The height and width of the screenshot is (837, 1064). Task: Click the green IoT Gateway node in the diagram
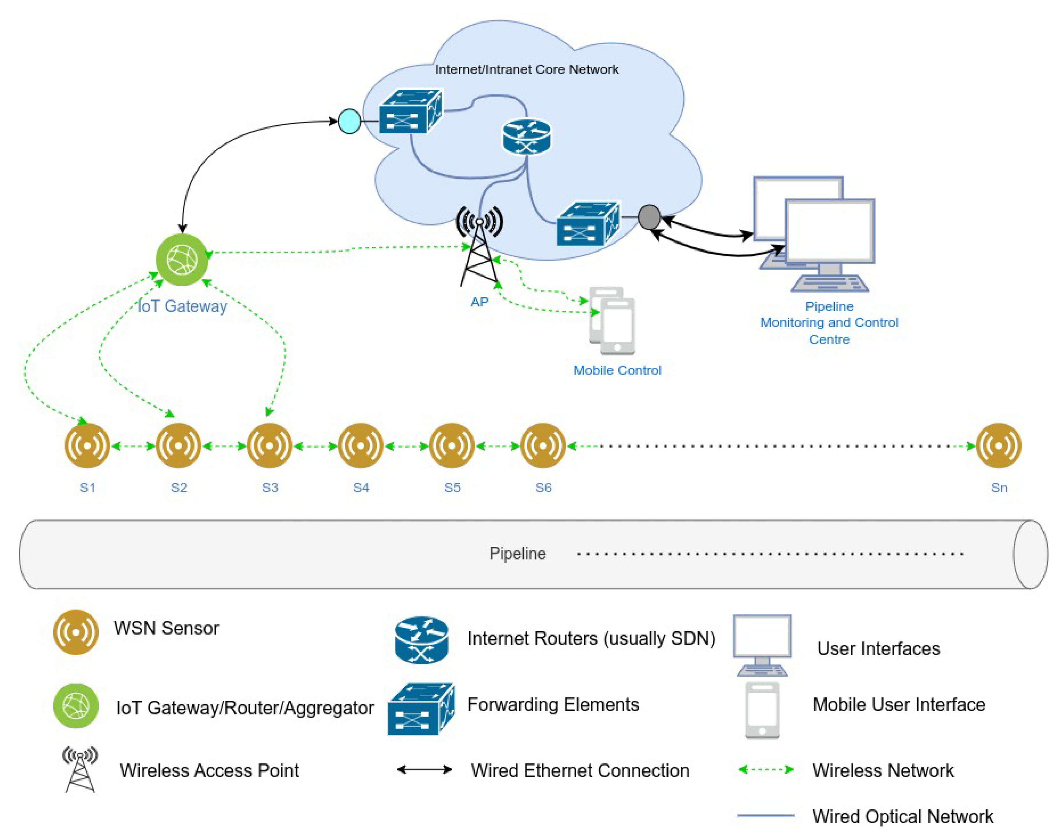[x=182, y=260]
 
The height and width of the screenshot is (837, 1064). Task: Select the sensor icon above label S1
[x=87, y=446]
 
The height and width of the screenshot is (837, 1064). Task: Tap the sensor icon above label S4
[x=360, y=446]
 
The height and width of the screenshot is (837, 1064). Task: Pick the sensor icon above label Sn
[x=999, y=446]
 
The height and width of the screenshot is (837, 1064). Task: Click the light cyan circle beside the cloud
[x=349, y=121]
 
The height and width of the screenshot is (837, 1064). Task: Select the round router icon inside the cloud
[x=527, y=137]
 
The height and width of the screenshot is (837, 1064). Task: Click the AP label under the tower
[x=479, y=302]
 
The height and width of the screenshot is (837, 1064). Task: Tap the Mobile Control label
[x=617, y=370]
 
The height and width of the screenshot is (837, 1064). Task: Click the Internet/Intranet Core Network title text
[x=527, y=69]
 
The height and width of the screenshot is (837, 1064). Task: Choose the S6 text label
[x=543, y=488]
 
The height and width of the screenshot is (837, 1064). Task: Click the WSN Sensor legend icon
[x=75, y=632]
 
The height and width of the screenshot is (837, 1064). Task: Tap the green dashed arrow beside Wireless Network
[x=766, y=769]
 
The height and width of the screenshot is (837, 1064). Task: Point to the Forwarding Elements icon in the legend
[x=421, y=709]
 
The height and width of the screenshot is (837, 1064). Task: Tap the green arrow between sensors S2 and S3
[x=224, y=446]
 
